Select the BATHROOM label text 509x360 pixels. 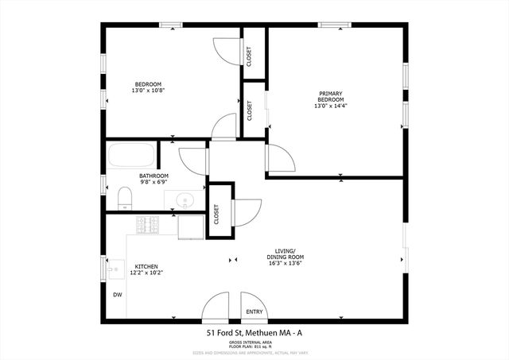(153, 176)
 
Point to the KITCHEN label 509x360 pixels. (146, 266)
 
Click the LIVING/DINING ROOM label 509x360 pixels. (286, 254)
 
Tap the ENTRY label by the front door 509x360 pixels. (254, 312)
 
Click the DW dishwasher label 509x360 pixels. (118, 295)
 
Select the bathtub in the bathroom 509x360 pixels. (132, 154)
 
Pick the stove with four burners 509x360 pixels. (148, 225)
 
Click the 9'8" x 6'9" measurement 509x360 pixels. (153, 183)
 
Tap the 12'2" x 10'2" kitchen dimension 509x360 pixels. (146, 273)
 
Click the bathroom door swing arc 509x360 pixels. (193, 160)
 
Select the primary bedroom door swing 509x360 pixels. (281, 158)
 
